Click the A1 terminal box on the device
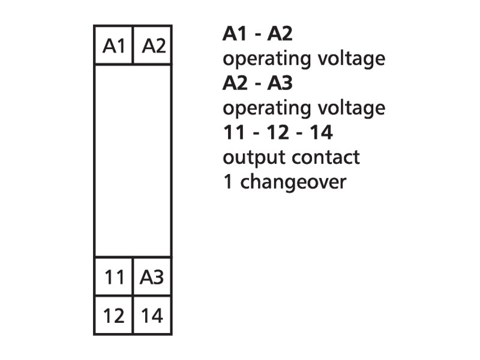click(x=113, y=45)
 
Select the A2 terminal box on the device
click(x=152, y=45)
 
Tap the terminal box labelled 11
click(x=113, y=278)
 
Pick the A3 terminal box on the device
click(x=152, y=278)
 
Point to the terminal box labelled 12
click(x=113, y=315)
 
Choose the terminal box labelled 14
click(x=152, y=315)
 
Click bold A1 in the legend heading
click(x=234, y=34)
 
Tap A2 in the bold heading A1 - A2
click(x=280, y=34)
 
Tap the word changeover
click(x=293, y=182)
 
